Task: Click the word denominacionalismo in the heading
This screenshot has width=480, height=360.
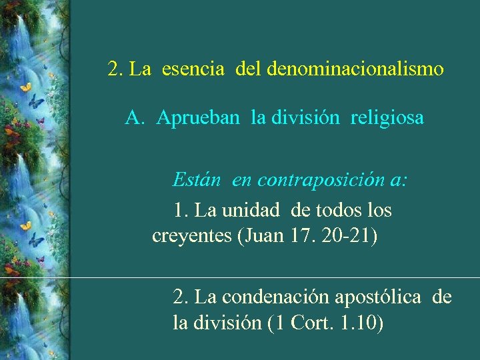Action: [x=355, y=69]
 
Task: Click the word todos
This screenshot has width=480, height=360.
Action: [x=337, y=211]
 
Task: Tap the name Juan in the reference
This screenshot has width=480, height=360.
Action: [x=263, y=237]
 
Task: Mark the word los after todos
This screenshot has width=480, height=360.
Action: [x=379, y=211]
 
